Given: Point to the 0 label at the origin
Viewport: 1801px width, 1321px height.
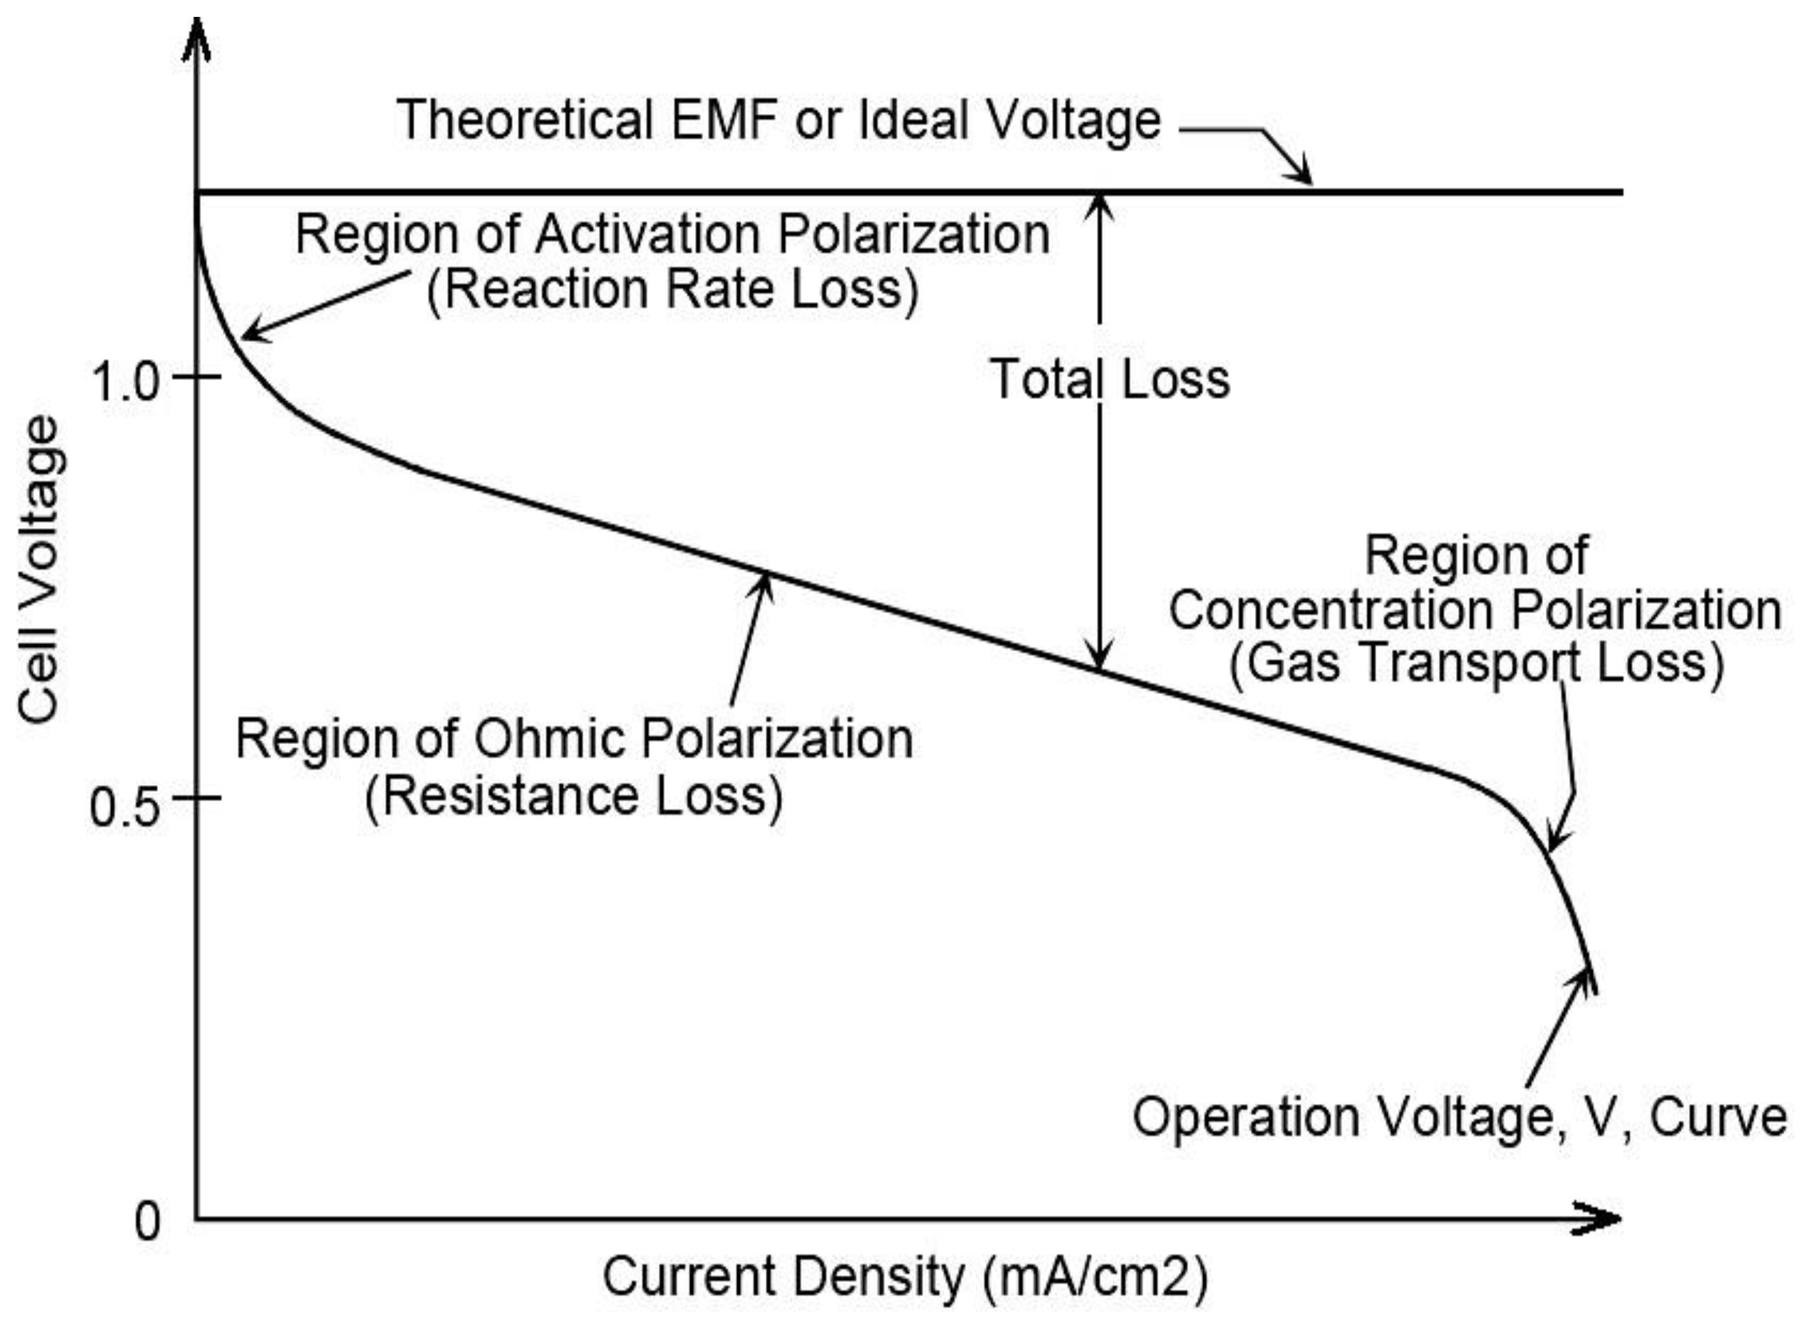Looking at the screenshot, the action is click(147, 1222).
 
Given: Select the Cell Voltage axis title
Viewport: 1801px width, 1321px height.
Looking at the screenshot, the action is click(40, 569).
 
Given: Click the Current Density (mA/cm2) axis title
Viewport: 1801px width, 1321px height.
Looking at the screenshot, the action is click(904, 1277).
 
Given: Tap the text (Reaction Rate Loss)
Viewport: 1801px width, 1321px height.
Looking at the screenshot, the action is click(673, 289).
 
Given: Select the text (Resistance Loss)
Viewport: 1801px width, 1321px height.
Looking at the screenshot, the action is click(574, 796).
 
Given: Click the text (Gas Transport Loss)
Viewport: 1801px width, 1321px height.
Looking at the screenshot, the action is click(1477, 663).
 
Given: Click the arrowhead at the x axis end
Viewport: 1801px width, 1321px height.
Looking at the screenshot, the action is click(1600, 1220).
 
